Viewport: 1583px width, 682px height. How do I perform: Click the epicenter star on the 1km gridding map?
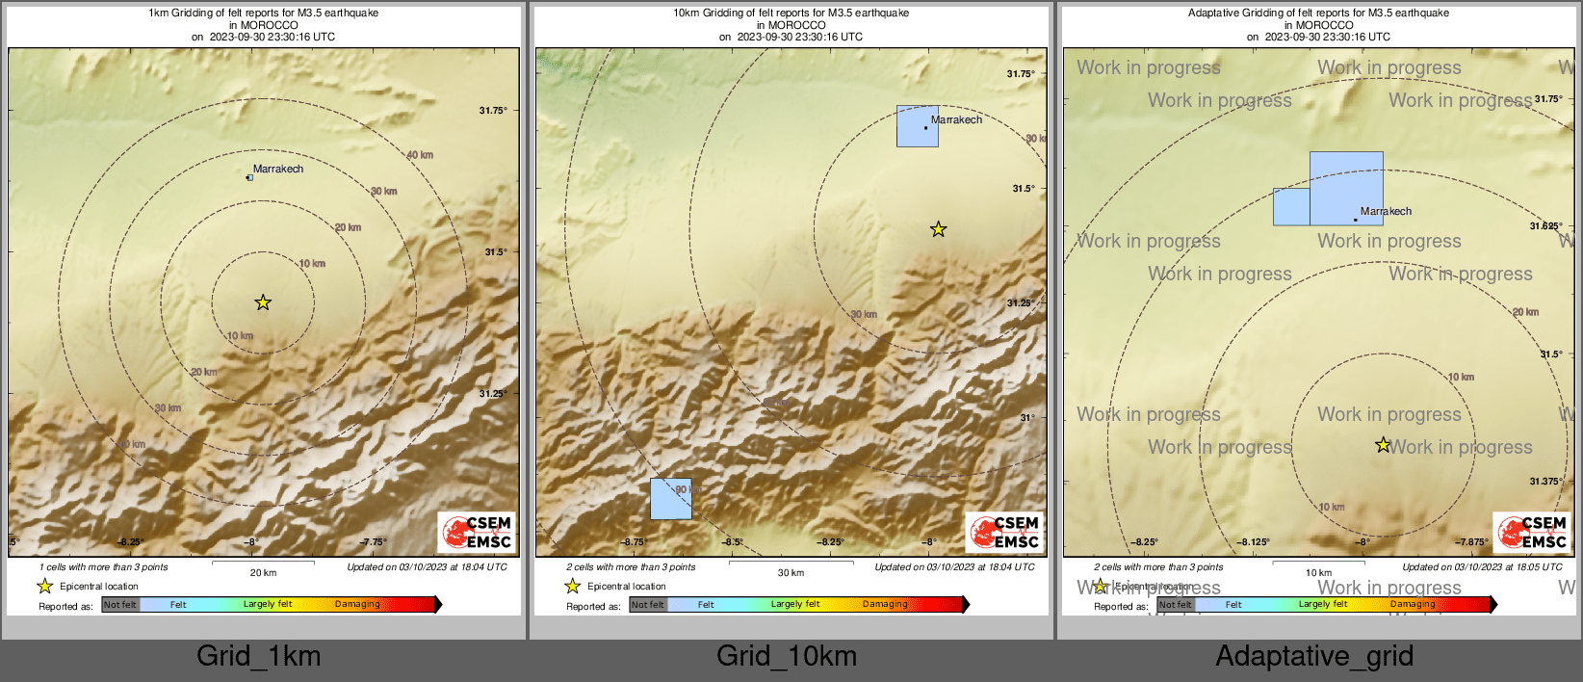263,302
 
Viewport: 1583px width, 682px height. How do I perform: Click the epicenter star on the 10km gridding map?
938,229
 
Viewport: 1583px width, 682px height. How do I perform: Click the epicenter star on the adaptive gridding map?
1383,445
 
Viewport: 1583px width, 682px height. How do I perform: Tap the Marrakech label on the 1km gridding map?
278,169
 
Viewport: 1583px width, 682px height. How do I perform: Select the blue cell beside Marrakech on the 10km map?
917,126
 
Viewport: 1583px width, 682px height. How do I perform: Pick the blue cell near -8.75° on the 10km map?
670,499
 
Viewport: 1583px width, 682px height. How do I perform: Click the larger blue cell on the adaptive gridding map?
1346,188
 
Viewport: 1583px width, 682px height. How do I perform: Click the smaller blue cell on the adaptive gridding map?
1291,207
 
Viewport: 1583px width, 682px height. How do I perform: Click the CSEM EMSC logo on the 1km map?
477,532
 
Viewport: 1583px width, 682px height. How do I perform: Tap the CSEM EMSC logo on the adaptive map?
1532,532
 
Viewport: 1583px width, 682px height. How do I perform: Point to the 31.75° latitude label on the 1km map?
493,111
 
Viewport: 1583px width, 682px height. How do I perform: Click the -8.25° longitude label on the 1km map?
131,542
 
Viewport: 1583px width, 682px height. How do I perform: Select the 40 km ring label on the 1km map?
420,155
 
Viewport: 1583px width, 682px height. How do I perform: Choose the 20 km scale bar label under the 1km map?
263,573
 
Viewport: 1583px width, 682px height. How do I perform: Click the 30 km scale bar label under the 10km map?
791,573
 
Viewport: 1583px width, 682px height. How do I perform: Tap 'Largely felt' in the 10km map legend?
795,604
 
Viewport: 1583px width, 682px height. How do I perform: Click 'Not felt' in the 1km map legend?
120,604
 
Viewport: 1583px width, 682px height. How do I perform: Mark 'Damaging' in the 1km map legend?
357,604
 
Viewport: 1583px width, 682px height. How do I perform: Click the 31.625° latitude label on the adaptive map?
1545,226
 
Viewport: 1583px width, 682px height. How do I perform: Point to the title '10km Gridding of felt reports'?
791,13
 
